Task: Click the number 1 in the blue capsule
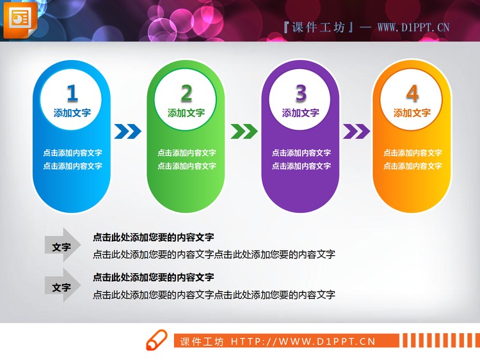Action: tap(72, 94)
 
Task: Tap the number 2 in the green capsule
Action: tap(186, 94)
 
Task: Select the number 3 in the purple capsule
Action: tap(301, 94)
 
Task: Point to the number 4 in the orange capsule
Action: tap(412, 94)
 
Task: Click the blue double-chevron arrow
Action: tap(128, 131)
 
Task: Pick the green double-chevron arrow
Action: tap(244, 131)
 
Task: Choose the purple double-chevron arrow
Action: tap(356, 131)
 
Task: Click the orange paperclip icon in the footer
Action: tap(156, 341)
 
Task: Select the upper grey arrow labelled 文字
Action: tap(62, 246)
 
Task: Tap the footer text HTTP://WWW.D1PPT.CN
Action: tap(303, 341)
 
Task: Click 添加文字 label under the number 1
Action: tap(72, 113)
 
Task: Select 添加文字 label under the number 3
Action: tap(301, 113)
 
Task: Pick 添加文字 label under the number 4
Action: tap(412, 113)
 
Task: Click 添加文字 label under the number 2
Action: tap(186, 113)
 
